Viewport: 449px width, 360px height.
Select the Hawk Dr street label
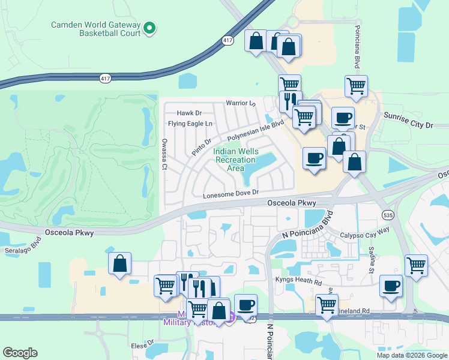(189, 113)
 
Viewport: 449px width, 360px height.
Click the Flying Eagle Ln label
(190, 124)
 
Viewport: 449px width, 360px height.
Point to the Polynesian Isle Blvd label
(255, 131)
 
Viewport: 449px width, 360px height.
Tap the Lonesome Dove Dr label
(231, 193)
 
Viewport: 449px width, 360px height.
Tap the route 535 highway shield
(387, 214)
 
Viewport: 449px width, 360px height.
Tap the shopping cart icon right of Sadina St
(416, 264)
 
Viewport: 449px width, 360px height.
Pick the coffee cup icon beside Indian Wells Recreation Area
(315, 158)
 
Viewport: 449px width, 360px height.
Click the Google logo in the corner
(20, 353)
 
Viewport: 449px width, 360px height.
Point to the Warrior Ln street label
(241, 103)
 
